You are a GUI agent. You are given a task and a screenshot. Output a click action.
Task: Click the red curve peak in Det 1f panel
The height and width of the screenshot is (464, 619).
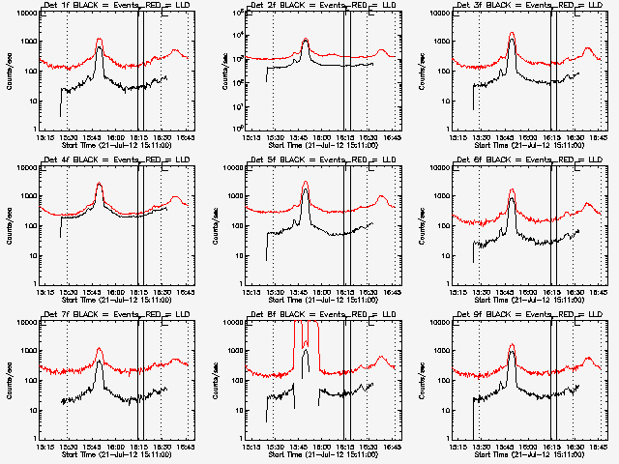(x=99, y=40)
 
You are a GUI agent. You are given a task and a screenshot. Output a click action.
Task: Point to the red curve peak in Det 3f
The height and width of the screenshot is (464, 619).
(x=512, y=34)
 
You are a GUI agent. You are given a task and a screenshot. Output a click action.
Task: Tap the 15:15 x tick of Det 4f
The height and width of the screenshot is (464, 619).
(x=43, y=291)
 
